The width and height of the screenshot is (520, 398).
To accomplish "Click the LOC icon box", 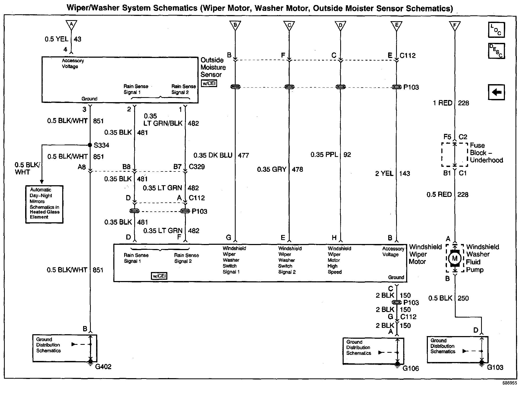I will (x=496, y=30).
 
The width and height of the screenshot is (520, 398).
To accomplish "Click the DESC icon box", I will (x=496, y=51).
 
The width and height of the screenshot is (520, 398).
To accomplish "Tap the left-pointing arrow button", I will (x=496, y=92).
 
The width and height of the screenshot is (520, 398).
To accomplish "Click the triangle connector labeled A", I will (x=71, y=25).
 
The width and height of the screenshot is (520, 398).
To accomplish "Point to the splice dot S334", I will (x=90, y=145).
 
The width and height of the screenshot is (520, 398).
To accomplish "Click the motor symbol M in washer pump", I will (x=455, y=258).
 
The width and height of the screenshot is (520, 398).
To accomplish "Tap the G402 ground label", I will (x=103, y=367).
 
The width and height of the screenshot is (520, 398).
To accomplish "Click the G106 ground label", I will (x=411, y=368).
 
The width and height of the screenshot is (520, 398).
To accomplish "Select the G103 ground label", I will (x=495, y=367).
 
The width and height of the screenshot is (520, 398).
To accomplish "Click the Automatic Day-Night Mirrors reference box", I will (x=44, y=204).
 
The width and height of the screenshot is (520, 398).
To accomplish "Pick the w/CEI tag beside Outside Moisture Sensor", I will (x=209, y=83).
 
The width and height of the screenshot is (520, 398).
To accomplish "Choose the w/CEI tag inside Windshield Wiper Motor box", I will (x=159, y=276).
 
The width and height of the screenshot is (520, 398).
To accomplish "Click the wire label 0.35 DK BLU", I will (x=213, y=155).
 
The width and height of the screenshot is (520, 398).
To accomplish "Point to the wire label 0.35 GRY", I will (x=272, y=169).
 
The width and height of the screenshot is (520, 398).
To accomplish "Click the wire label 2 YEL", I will (x=384, y=174).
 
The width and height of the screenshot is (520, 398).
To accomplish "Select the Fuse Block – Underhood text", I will (x=486, y=153).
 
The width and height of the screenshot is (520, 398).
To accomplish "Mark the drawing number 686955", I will (x=509, y=383).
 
